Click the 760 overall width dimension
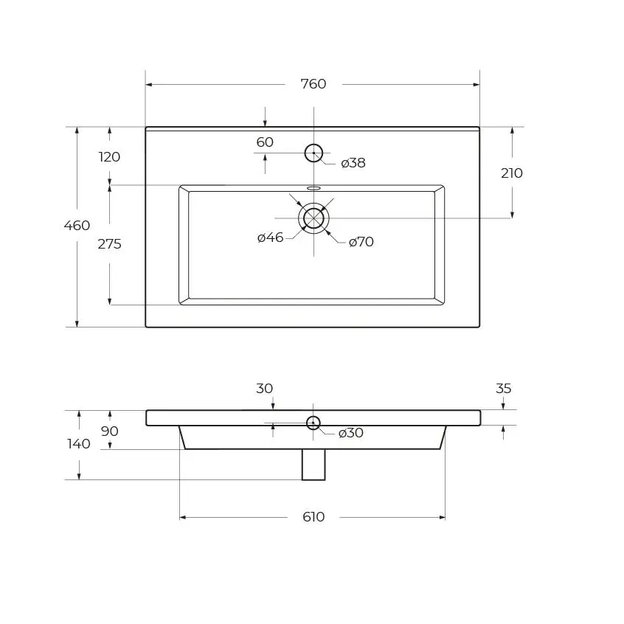coord(313,84)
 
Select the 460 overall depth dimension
coord(77,226)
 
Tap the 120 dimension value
coord(109,157)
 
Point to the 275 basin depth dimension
coord(109,244)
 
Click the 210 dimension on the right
coord(512,173)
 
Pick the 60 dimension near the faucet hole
coord(265,142)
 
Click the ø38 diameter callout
coord(353,163)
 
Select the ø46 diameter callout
coord(270,238)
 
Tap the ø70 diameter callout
coord(361,242)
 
